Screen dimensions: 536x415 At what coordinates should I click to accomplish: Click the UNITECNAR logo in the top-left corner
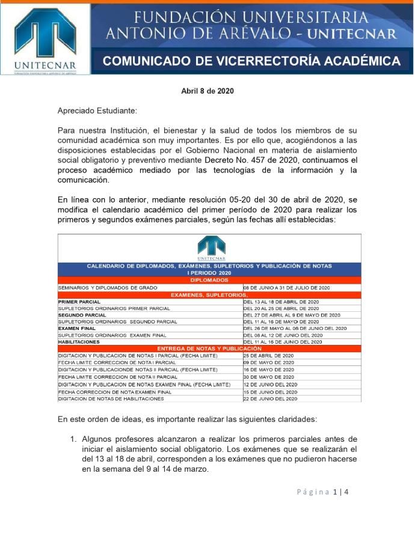(x=45, y=39)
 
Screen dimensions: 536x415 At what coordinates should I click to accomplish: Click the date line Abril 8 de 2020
(x=207, y=91)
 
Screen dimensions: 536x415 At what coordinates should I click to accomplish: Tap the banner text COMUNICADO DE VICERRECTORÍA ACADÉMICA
(x=251, y=61)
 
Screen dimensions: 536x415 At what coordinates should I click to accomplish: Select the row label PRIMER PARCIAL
(x=79, y=301)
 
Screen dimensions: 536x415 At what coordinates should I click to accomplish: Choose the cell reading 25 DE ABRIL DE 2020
(x=268, y=356)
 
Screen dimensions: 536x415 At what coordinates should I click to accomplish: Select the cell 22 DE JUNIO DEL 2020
(x=270, y=398)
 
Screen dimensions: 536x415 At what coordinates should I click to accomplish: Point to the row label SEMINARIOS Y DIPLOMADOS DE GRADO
(x=107, y=288)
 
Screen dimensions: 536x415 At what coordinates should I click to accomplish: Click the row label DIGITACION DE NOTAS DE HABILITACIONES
(x=111, y=398)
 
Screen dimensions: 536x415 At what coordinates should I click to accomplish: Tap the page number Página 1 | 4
(x=322, y=492)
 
